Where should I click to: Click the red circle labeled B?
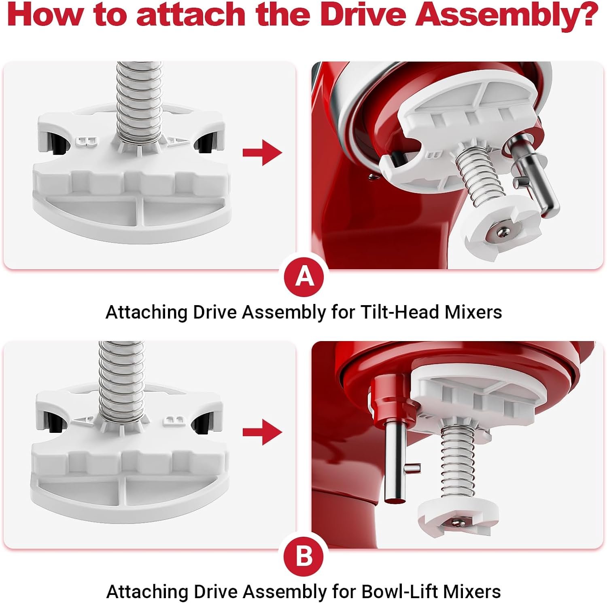tap(304, 556)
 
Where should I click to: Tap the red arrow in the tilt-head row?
tap(262, 153)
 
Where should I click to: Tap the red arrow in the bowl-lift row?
tap(262, 432)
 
